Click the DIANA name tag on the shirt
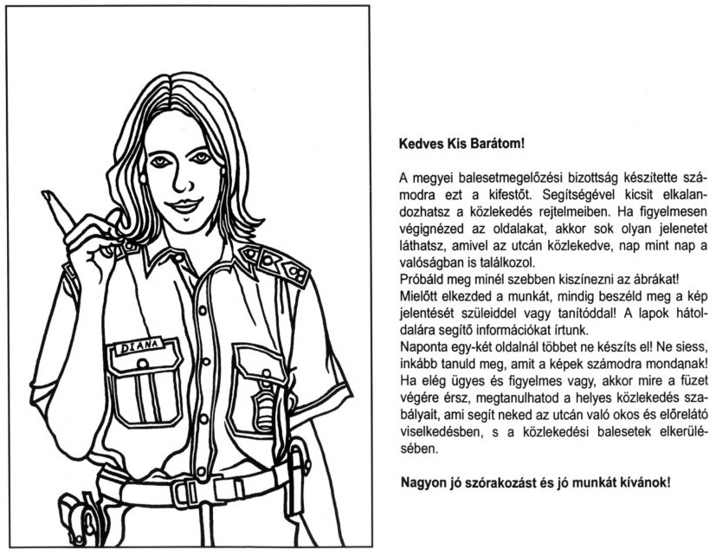point(139,350)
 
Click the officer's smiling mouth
point(184,207)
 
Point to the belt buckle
point(183,493)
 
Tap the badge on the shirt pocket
point(264,400)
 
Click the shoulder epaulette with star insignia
point(276,262)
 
